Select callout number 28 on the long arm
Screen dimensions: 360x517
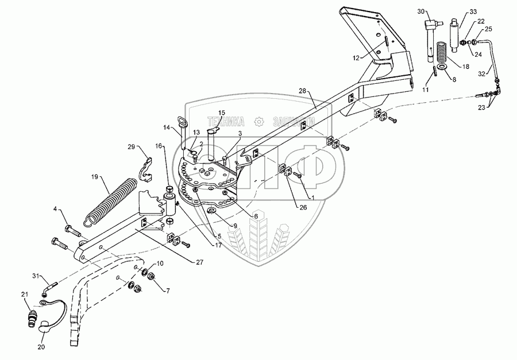tap(303, 91)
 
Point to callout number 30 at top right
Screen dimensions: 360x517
tap(420, 11)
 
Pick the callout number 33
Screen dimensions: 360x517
tap(473, 11)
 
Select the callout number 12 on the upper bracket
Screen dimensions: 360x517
tap(356, 57)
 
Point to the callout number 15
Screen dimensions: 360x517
tap(221, 112)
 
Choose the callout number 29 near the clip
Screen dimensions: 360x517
tap(132, 148)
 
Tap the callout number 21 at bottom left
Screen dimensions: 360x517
tap(25, 295)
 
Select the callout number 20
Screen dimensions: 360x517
tap(41, 347)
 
